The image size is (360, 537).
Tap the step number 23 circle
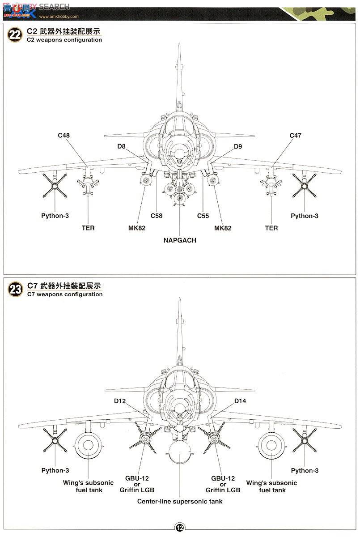point(15,290)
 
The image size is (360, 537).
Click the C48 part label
point(64,135)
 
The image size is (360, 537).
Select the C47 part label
point(296,135)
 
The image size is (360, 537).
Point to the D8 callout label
point(122,146)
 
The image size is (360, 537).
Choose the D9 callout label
point(237,146)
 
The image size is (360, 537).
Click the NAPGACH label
point(180,240)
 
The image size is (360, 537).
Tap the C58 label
point(156,216)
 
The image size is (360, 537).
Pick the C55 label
point(203,216)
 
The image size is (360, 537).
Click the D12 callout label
point(119,401)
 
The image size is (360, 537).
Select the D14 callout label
point(240,401)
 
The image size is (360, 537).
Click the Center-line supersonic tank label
point(180,501)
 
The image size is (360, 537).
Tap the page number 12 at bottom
point(180,528)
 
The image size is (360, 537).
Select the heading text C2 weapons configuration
point(64,40)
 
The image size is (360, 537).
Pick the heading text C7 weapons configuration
point(64,294)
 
